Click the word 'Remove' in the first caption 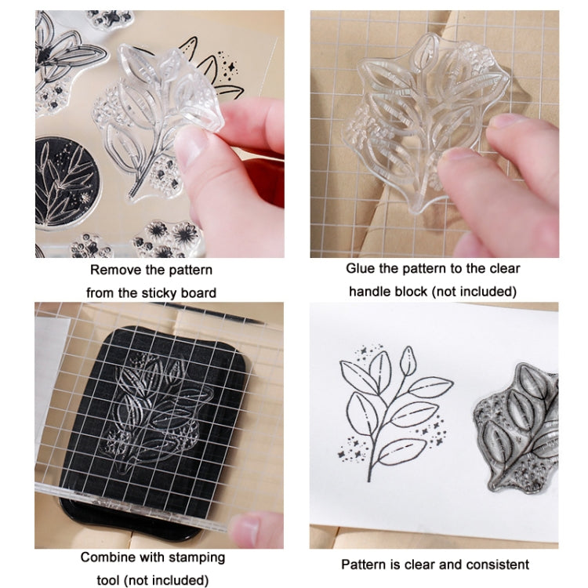click(x=112, y=270)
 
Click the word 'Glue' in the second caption click(x=360, y=269)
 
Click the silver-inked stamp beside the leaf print click(x=521, y=427)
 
